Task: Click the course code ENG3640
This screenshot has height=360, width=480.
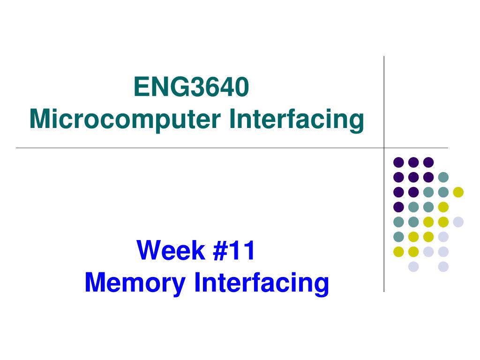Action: (191, 88)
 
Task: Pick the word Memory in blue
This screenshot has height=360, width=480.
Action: (135, 283)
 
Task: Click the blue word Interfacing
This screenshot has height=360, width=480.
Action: (262, 283)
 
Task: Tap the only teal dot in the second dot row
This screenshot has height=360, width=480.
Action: (443, 177)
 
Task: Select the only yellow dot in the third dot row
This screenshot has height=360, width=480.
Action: (458, 192)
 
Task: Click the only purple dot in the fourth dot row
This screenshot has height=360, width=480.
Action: (398, 207)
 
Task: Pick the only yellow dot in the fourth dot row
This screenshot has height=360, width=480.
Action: (443, 207)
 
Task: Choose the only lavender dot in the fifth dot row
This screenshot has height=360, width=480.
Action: (458, 222)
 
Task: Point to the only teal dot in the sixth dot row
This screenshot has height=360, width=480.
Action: (398, 237)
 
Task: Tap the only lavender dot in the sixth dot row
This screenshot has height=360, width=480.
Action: (443, 237)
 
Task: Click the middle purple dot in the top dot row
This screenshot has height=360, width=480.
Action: (413, 162)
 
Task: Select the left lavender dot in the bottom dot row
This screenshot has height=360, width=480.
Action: (413, 267)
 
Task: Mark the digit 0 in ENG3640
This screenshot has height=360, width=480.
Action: (240, 88)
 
